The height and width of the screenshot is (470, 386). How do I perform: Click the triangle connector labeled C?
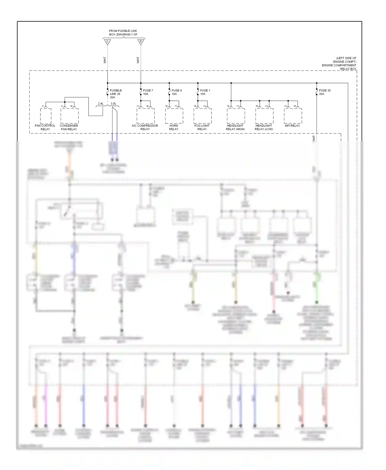pyautogui.click(x=108, y=42)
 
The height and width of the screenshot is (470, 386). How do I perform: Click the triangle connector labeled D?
pyautogui.click(x=141, y=42)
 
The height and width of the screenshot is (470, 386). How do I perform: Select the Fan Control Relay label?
pyautogui.click(x=45, y=127)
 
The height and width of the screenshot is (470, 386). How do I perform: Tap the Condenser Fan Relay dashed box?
pyautogui.click(x=69, y=116)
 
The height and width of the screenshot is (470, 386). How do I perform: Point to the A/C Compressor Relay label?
pyautogui.click(x=145, y=127)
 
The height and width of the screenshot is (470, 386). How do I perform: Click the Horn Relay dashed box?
pyautogui.click(x=174, y=116)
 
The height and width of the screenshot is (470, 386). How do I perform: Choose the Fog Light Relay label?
pyautogui.click(x=202, y=127)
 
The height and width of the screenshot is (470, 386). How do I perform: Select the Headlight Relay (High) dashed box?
pyautogui.click(x=236, y=116)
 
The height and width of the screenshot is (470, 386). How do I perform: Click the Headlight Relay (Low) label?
pyautogui.click(x=264, y=127)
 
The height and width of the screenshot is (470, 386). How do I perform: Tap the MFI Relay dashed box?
pyautogui.click(x=293, y=116)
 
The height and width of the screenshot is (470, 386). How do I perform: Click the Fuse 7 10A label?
pyautogui.click(x=148, y=92)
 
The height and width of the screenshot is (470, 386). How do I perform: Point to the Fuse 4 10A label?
pyautogui.click(x=176, y=92)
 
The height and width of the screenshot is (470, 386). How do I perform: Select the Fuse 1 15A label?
pyautogui.click(x=205, y=92)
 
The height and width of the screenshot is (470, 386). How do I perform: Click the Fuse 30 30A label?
pyautogui.click(x=324, y=92)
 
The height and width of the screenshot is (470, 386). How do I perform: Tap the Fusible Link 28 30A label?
pyautogui.click(x=116, y=94)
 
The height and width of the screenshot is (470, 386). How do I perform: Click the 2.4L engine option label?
pyautogui.click(x=101, y=104)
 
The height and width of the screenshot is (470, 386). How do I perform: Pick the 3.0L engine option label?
pyautogui.click(x=113, y=104)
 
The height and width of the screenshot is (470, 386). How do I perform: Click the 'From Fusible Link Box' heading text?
pyautogui.click(x=123, y=33)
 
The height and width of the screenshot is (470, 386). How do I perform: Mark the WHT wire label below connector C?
pyautogui.click(x=105, y=60)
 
